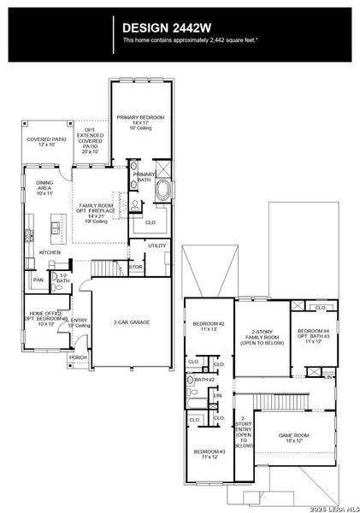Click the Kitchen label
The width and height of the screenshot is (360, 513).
(50, 252)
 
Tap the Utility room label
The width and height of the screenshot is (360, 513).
(156, 245)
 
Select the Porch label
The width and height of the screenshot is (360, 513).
(78, 357)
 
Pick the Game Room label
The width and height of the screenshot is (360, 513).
(293, 437)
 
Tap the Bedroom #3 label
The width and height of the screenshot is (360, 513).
(209, 454)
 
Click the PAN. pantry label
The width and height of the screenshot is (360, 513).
(38, 280)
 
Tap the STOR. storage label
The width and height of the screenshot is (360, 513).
(135, 268)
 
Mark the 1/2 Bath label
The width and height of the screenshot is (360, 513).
(62, 277)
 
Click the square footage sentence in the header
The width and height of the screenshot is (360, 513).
(190, 40)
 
